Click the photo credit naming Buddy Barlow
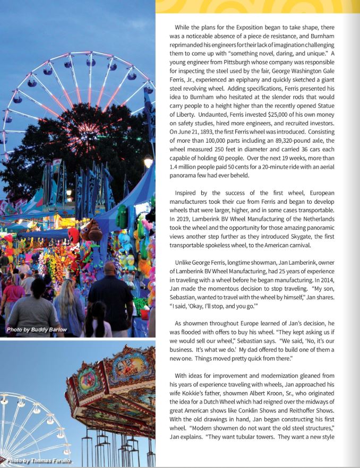pos(37,330)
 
